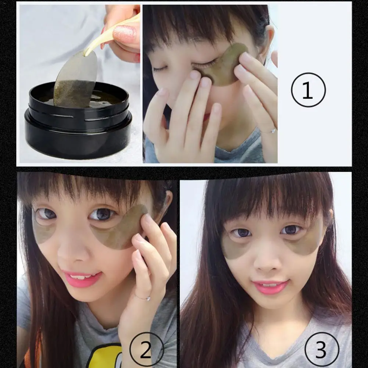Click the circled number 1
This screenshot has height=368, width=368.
point(308,89)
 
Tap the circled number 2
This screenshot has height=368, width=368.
point(146,350)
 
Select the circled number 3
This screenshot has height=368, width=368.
point(321,350)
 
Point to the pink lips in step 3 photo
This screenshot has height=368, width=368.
point(271,286)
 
